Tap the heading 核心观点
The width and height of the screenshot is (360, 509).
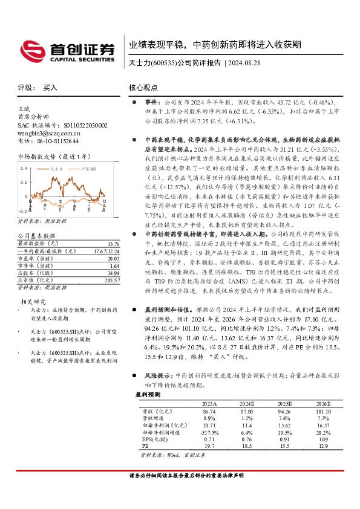pos(143,88)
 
